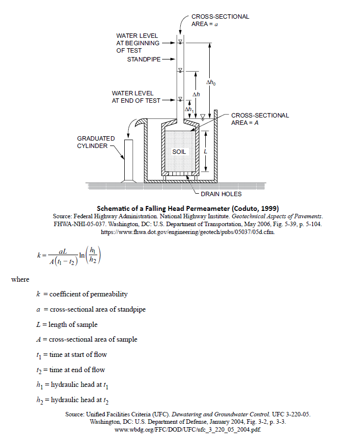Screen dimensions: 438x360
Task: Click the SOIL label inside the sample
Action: pyautogui.click(x=179, y=151)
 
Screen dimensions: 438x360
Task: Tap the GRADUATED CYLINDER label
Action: pyautogui.click(x=96, y=142)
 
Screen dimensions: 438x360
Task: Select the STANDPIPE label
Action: pyautogui.click(x=143, y=59)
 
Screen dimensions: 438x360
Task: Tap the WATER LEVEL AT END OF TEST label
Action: pyautogui.click(x=136, y=96)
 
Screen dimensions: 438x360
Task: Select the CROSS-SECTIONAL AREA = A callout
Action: pyautogui.click(x=260, y=119)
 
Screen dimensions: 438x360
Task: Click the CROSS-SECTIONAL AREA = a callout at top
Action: pyautogui.click(x=220, y=20)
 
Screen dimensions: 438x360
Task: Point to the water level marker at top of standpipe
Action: pyautogui.click(x=180, y=41)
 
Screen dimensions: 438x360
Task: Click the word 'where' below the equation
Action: pyautogui.click(x=20, y=279)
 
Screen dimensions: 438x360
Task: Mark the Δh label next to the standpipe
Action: pyautogui.click(x=196, y=94)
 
